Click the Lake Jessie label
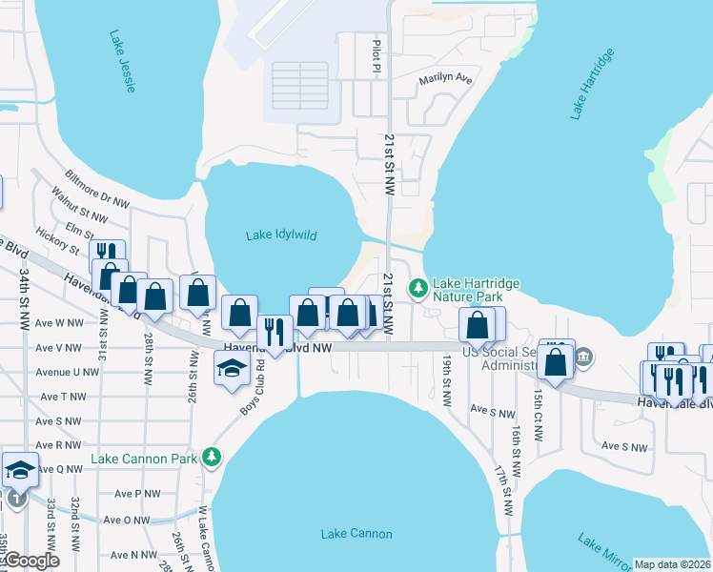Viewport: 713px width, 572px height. (122, 62)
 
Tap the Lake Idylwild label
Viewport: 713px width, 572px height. (281, 235)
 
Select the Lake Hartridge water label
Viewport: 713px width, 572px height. (591, 85)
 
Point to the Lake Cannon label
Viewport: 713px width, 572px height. (356, 534)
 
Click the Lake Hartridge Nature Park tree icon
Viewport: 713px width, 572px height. (418, 286)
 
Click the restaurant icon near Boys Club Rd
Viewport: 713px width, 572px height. (275, 333)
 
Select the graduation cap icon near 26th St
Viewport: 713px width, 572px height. (231, 370)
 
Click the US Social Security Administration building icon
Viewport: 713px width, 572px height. (583, 358)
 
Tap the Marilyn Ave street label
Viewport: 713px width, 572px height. (446, 80)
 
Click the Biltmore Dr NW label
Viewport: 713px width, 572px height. (96, 189)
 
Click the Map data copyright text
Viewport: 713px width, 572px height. (672, 564)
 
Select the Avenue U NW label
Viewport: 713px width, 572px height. (67, 372)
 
